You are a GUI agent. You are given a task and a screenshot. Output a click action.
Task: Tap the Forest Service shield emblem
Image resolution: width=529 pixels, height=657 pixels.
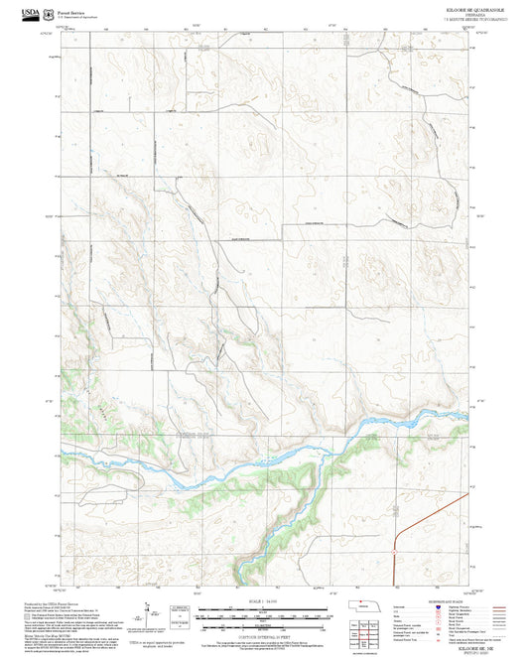click(52, 11)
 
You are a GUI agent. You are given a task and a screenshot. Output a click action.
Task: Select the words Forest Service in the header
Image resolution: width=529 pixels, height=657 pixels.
click(71, 9)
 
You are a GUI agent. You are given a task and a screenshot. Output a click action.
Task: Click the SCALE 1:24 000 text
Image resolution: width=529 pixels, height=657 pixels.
click(263, 601)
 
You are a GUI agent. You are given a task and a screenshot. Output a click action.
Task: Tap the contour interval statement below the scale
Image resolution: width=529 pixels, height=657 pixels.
click(263, 633)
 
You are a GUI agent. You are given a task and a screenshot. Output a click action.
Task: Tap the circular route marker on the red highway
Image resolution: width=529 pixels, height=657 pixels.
click(394, 552)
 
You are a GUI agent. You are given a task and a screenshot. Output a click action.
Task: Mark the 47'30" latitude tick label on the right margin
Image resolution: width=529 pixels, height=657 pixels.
click(481, 400)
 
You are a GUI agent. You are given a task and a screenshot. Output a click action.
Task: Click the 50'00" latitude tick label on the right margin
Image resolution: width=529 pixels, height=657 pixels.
click(481, 216)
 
